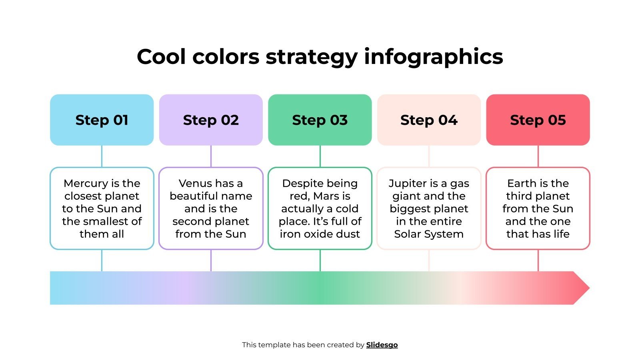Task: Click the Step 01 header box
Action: pyautogui.click(x=102, y=120)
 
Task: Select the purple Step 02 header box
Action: pyautogui.click(x=211, y=120)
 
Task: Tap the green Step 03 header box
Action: pyautogui.click(x=320, y=120)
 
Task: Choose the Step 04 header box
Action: pyautogui.click(x=429, y=120)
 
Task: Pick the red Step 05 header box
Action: pyautogui.click(x=538, y=120)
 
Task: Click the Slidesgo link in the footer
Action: pyautogui.click(x=382, y=345)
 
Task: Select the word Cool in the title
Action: pyautogui.click(x=162, y=56)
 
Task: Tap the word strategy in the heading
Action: pyautogui.click(x=312, y=57)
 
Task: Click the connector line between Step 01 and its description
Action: pyautogui.click(x=102, y=156)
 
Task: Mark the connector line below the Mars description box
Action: pyautogui.click(x=320, y=260)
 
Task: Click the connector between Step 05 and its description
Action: pyautogui.click(x=538, y=156)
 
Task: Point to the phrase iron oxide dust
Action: pyautogui.click(x=320, y=234)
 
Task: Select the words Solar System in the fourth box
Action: pyautogui.click(x=429, y=234)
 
